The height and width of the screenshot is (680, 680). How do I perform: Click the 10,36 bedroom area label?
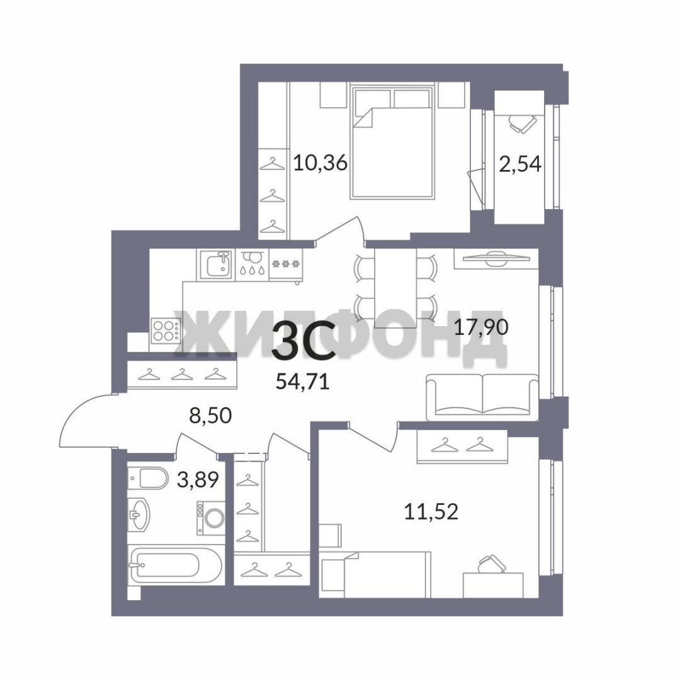[320, 163]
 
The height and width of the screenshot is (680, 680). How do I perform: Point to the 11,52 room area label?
[431, 512]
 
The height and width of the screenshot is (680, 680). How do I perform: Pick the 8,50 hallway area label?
[210, 416]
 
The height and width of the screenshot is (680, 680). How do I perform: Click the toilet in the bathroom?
[148, 478]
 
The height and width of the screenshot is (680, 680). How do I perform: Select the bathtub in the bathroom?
[176, 565]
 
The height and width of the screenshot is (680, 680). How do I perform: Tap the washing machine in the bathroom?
[211, 518]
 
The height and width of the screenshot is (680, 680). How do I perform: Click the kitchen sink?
[217, 264]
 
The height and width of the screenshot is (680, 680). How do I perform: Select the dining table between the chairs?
[395, 288]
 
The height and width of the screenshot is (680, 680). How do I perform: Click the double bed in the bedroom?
[393, 142]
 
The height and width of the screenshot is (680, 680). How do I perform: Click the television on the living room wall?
[496, 259]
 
